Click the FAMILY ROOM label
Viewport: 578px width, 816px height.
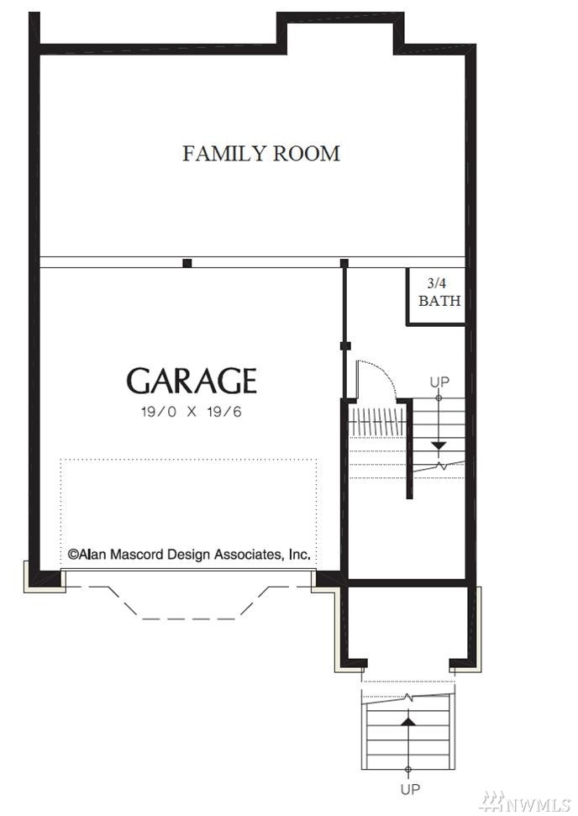261,154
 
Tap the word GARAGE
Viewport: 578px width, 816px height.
192,381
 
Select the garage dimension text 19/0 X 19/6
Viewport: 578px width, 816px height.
192,412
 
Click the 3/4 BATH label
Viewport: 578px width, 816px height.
439,292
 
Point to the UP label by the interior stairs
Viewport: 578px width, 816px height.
439,382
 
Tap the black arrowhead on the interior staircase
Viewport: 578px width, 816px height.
439,446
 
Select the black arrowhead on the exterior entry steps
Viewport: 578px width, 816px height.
408,721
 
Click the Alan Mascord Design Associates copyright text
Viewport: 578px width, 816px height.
189,555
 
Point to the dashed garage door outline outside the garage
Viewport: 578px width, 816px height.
187,603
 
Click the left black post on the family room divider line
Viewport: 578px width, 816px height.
187,263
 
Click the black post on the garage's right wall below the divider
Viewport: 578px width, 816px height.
345,345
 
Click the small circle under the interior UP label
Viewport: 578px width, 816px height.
439,398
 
